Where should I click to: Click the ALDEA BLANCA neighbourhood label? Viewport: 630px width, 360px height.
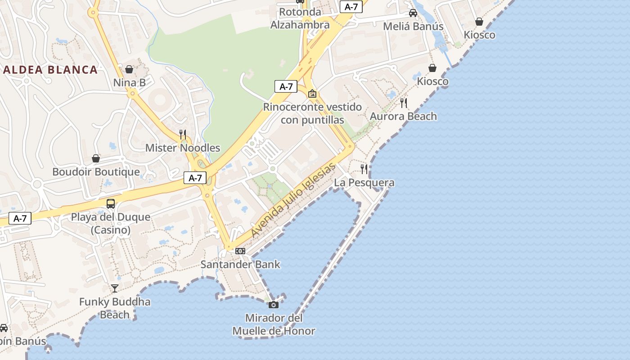click(x=50, y=70)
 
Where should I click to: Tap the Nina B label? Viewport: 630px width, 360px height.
click(x=129, y=83)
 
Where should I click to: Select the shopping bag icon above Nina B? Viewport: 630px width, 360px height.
click(x=129, y=69)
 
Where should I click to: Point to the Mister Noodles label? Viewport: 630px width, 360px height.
click(x=183, y=148)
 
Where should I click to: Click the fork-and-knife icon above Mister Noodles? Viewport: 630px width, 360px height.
click(x=183, y=134)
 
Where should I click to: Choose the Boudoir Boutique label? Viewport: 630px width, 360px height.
click(x=96, y=172)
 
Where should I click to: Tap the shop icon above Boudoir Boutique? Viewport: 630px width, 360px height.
click(x=96, y=158)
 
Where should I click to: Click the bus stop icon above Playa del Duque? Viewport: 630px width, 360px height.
click(x=111, y=204)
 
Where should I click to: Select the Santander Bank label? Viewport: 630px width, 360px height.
click(x=240, y=264)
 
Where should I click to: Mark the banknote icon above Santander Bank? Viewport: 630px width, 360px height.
click(x=240, y=251)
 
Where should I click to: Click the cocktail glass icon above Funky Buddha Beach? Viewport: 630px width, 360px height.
click(x=115, y=288)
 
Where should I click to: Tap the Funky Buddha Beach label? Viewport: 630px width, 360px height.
click(x=115, y=308)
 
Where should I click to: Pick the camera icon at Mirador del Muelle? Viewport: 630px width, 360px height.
click(x=273, y=305)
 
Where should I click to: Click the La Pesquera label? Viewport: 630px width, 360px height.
click(x=364, y=183)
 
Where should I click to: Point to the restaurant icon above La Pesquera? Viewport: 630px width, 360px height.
click(x=364, y=169)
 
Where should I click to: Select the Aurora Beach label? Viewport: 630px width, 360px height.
click(x=403, y=117)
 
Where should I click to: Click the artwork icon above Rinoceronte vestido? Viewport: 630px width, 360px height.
click(x=312, y=94)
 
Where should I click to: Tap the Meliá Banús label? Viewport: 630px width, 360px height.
click(x=413, y=27)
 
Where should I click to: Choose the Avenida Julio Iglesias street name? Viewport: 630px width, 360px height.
click(x=293, y=200)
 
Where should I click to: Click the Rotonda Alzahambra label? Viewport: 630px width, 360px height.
click(x=300, y=18)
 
